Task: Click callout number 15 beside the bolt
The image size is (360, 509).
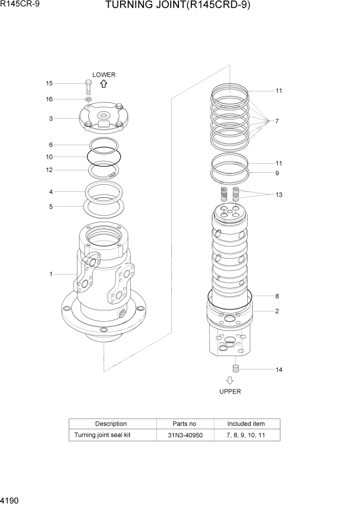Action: tap(49, 83)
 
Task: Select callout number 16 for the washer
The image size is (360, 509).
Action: tap(49, 99)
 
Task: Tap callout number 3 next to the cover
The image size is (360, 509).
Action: tap(51, 119)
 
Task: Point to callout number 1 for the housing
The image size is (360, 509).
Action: tap(51, 274)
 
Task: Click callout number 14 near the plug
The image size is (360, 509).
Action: tap(278, 369)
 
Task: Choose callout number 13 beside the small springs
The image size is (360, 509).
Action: tap(278, 195)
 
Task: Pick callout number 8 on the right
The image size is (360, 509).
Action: tap(277, 296)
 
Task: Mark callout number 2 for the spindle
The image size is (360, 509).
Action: tap(277, 311)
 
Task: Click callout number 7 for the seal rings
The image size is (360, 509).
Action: tap(277, 122)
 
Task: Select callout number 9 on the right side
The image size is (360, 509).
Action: tap(277, 173)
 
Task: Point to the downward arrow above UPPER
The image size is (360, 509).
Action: tap(230, 381)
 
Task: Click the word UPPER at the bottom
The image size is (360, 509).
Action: tap(230, 391)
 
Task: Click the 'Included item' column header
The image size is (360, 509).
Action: tap(246, 424)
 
